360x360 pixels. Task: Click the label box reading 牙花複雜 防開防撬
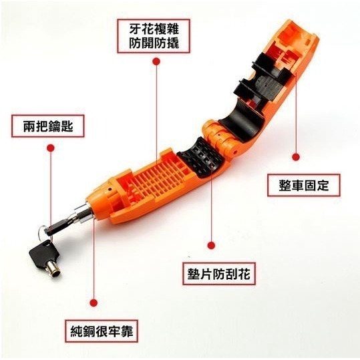click(x=155, y=37)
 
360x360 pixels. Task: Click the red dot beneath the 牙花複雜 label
click(x=156, y=61)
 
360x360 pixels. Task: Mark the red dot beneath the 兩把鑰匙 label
click(x=49, y=150)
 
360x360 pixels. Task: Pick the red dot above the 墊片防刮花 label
click(x=212, y=246)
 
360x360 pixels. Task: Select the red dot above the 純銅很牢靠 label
click(x=94, y=301)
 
